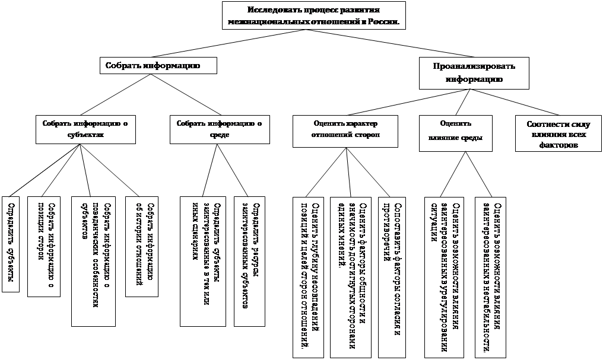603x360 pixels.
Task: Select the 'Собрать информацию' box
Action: click(158, 65)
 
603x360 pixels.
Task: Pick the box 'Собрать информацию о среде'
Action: click(219, 129)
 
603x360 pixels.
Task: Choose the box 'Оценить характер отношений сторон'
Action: click(346, 129)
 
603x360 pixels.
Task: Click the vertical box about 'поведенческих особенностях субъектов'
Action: click(93, 261)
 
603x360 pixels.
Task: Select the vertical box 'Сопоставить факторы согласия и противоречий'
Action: click(391, 276)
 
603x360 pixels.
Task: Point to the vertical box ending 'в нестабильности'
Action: click(491, 276)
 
